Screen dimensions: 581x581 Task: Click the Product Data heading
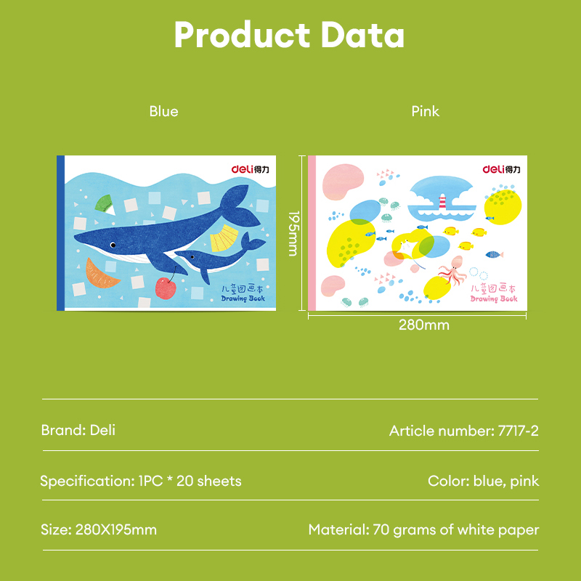pos(289,35)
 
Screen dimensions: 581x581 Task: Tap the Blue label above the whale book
pos(163,111)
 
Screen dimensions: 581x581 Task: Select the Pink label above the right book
pos(425,111)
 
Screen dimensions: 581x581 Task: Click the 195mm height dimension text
pos(293,233)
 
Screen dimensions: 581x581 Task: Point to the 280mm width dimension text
pos(423,325)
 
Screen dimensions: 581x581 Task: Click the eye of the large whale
pos(113,245)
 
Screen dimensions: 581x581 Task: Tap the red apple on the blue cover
pos(166,286)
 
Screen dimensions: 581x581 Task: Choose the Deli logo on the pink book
pos(501,169)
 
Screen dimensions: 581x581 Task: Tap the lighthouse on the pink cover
pos(440,201)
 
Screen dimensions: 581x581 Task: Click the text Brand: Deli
pos(78,430)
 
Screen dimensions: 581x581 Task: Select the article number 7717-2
pos(463,431)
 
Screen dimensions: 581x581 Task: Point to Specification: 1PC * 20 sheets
pos(141,481)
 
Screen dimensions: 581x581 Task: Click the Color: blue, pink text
pos(483,481)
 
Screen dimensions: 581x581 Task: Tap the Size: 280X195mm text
pos(99,529)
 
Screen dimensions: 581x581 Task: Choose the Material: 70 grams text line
pos(423,529)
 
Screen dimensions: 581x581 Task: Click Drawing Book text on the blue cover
pos(243,298)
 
